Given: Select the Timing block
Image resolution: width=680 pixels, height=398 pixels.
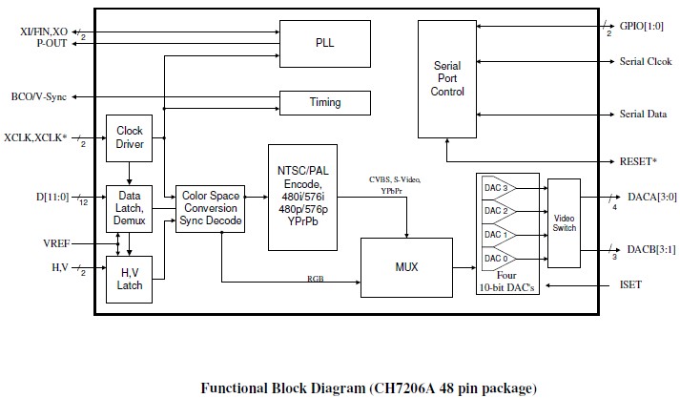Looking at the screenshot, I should pos(324,102).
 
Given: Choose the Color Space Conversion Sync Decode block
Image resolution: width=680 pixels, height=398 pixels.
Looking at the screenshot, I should pos(210,210).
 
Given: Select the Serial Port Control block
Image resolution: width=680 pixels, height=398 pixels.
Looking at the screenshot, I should pos(447,77).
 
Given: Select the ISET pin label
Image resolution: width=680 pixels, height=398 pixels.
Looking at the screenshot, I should pos(632,285).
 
